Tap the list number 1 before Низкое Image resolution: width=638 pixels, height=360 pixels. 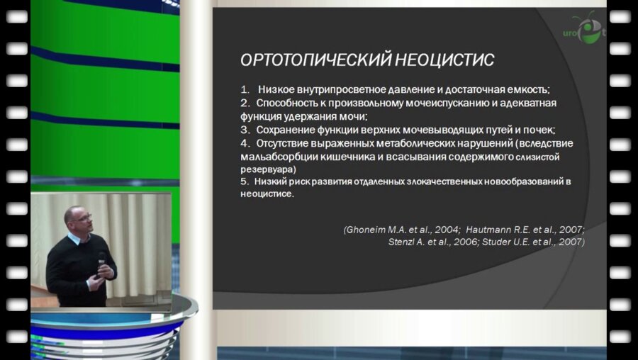(245, 90)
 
